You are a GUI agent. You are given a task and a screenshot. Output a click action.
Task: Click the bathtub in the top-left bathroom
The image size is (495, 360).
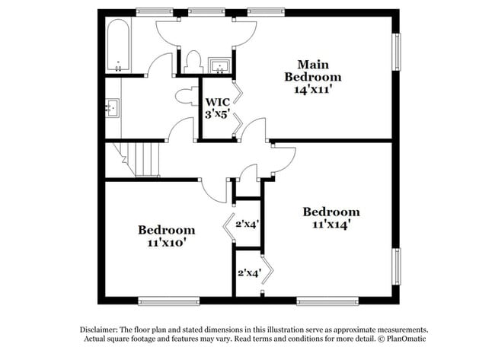click(118, 45)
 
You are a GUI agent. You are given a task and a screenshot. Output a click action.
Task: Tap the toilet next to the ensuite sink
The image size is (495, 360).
click(193, 61)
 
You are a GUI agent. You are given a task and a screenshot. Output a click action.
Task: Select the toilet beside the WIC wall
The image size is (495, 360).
click(185, 97)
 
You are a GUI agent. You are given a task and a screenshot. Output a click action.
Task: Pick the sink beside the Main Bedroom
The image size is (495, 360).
click(220, 64)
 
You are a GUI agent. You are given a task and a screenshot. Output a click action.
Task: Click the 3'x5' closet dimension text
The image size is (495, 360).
click(216, 114)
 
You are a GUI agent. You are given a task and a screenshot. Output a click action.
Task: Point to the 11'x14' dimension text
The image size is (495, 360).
click(331, 225)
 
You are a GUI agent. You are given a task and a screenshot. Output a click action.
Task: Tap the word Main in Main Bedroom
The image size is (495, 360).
click(312, 64)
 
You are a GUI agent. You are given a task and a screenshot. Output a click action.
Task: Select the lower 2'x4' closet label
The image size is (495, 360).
click(249, 272)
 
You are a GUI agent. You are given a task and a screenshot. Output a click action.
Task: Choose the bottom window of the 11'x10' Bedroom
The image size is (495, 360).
click(168, 300)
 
